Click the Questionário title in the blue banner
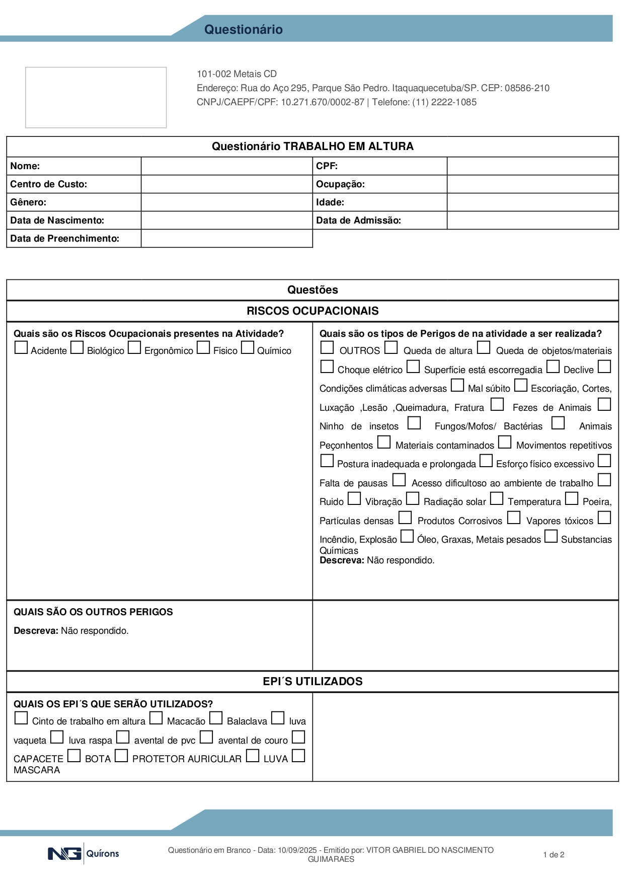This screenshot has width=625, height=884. [x=243, y=29]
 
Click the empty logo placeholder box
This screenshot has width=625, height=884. [x=96, y=97]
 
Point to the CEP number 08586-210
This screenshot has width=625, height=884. [x=527, y=88]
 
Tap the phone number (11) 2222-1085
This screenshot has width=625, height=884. [x=444, y=102]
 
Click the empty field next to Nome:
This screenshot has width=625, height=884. [x=226, y=166]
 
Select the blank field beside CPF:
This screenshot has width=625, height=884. [x=532, y=166]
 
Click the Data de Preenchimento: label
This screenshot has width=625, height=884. [x=64, y=239]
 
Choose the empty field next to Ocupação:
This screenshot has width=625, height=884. [x=532, y=184]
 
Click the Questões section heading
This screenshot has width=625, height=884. [x=312, y=290]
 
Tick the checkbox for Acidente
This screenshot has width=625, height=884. [x=21, y=348]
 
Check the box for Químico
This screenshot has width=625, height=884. [x=248, y=348]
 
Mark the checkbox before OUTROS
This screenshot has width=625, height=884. [x=327, y=348]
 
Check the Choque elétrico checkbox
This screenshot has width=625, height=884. [x=327, y=367]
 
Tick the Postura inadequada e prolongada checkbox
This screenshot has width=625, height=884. [x=327, y=461]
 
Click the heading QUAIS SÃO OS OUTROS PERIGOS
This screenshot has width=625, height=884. [x=93, y=612]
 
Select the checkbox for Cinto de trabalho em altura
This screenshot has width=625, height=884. [x=21, y=718]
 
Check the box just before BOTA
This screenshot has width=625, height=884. [x=74, y=756]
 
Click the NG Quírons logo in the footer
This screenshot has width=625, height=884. [x=84, y=854]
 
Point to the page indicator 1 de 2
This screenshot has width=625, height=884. [x=554, y=855]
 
